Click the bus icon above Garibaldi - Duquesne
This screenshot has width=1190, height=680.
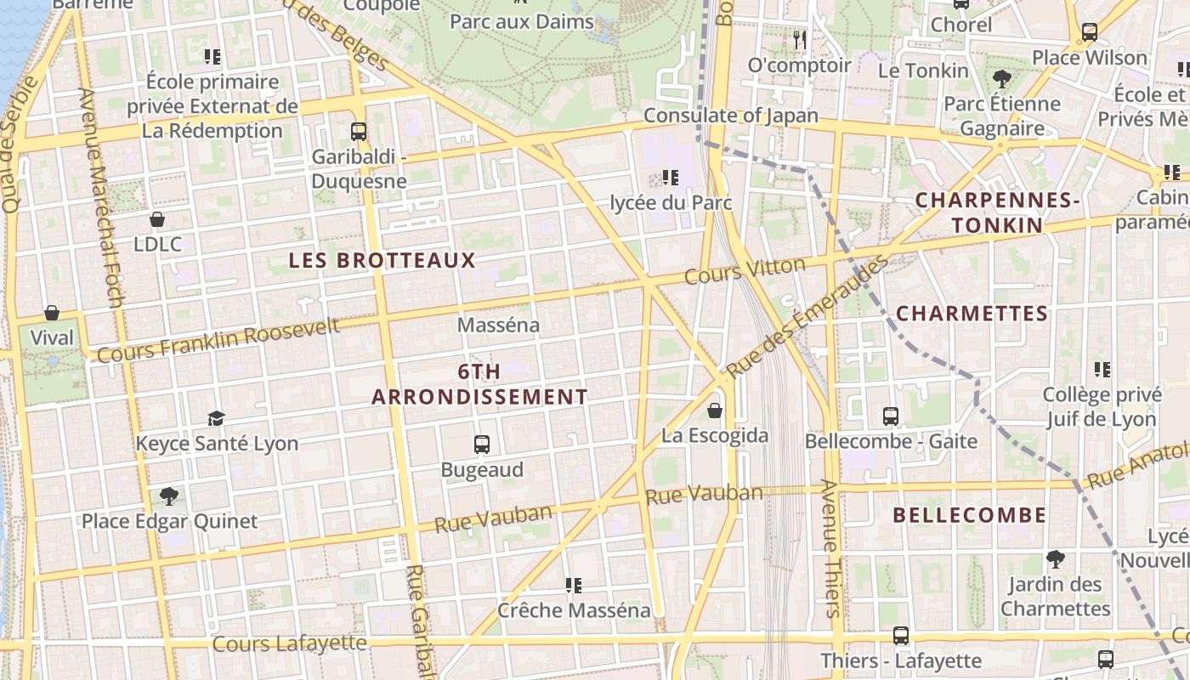tap(359, 132)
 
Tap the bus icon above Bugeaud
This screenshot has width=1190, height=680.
tap(482, 444)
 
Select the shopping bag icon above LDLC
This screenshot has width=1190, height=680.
tap(157, 219)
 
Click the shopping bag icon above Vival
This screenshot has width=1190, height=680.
tap(52, 313)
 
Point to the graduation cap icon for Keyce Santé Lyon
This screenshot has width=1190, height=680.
tap(216, 418)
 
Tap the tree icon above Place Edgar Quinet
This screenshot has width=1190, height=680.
tap(169, 496)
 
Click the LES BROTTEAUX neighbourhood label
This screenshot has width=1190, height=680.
tap(382, 260)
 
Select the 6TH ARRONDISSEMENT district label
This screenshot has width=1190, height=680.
tap(479, 384)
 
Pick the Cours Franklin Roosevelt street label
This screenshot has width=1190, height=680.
tap(218, 340)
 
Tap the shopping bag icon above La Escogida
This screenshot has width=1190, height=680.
tap(715, 411)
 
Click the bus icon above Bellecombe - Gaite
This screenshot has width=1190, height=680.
tap(891, 416)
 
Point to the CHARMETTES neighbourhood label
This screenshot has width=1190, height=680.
tap(972, 314)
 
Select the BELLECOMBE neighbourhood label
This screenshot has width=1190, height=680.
tap(970, 515)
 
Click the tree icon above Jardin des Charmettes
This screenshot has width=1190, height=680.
tap(1056, 558)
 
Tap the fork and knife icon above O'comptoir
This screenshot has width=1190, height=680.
tap(799, 39)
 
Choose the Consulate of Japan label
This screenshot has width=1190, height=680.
tap(731, 116)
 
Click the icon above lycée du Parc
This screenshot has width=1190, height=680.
tap(671, 177)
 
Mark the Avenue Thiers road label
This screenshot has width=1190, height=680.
tap(830, 548)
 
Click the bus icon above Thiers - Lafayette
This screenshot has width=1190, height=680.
tap(901, 635)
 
